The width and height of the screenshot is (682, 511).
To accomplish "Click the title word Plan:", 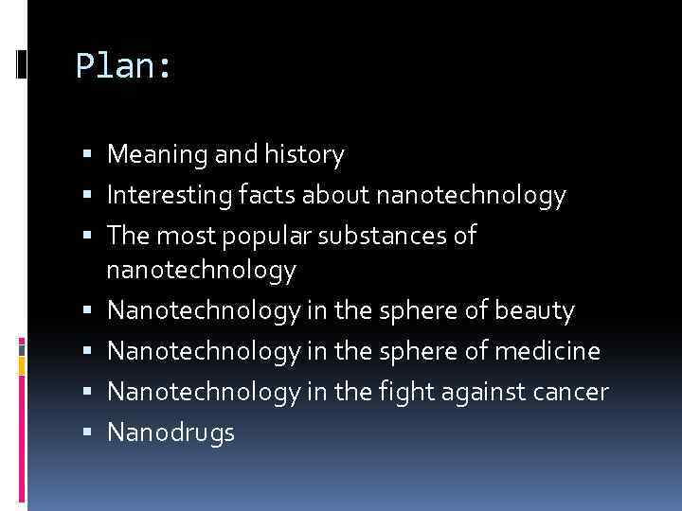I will [123, 65].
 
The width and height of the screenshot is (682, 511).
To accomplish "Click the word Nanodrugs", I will [170, 432].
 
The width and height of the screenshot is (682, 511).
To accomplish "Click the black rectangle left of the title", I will [21, 65].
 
